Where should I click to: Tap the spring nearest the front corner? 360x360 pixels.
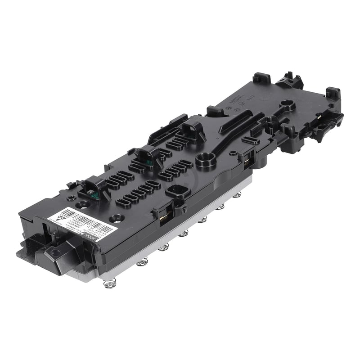109,283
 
